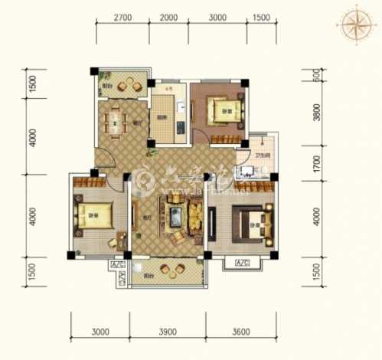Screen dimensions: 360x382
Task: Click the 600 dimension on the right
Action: click(315, 78)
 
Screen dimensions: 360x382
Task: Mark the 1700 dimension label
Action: click(315, 163)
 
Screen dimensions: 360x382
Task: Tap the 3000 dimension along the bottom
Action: click(100, 332)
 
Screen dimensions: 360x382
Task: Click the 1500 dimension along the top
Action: click(261, 16)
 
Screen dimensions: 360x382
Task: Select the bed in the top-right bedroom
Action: click(224, 111)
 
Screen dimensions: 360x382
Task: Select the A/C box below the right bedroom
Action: click(243, 264)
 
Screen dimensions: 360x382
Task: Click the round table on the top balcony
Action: click(126, 86)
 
